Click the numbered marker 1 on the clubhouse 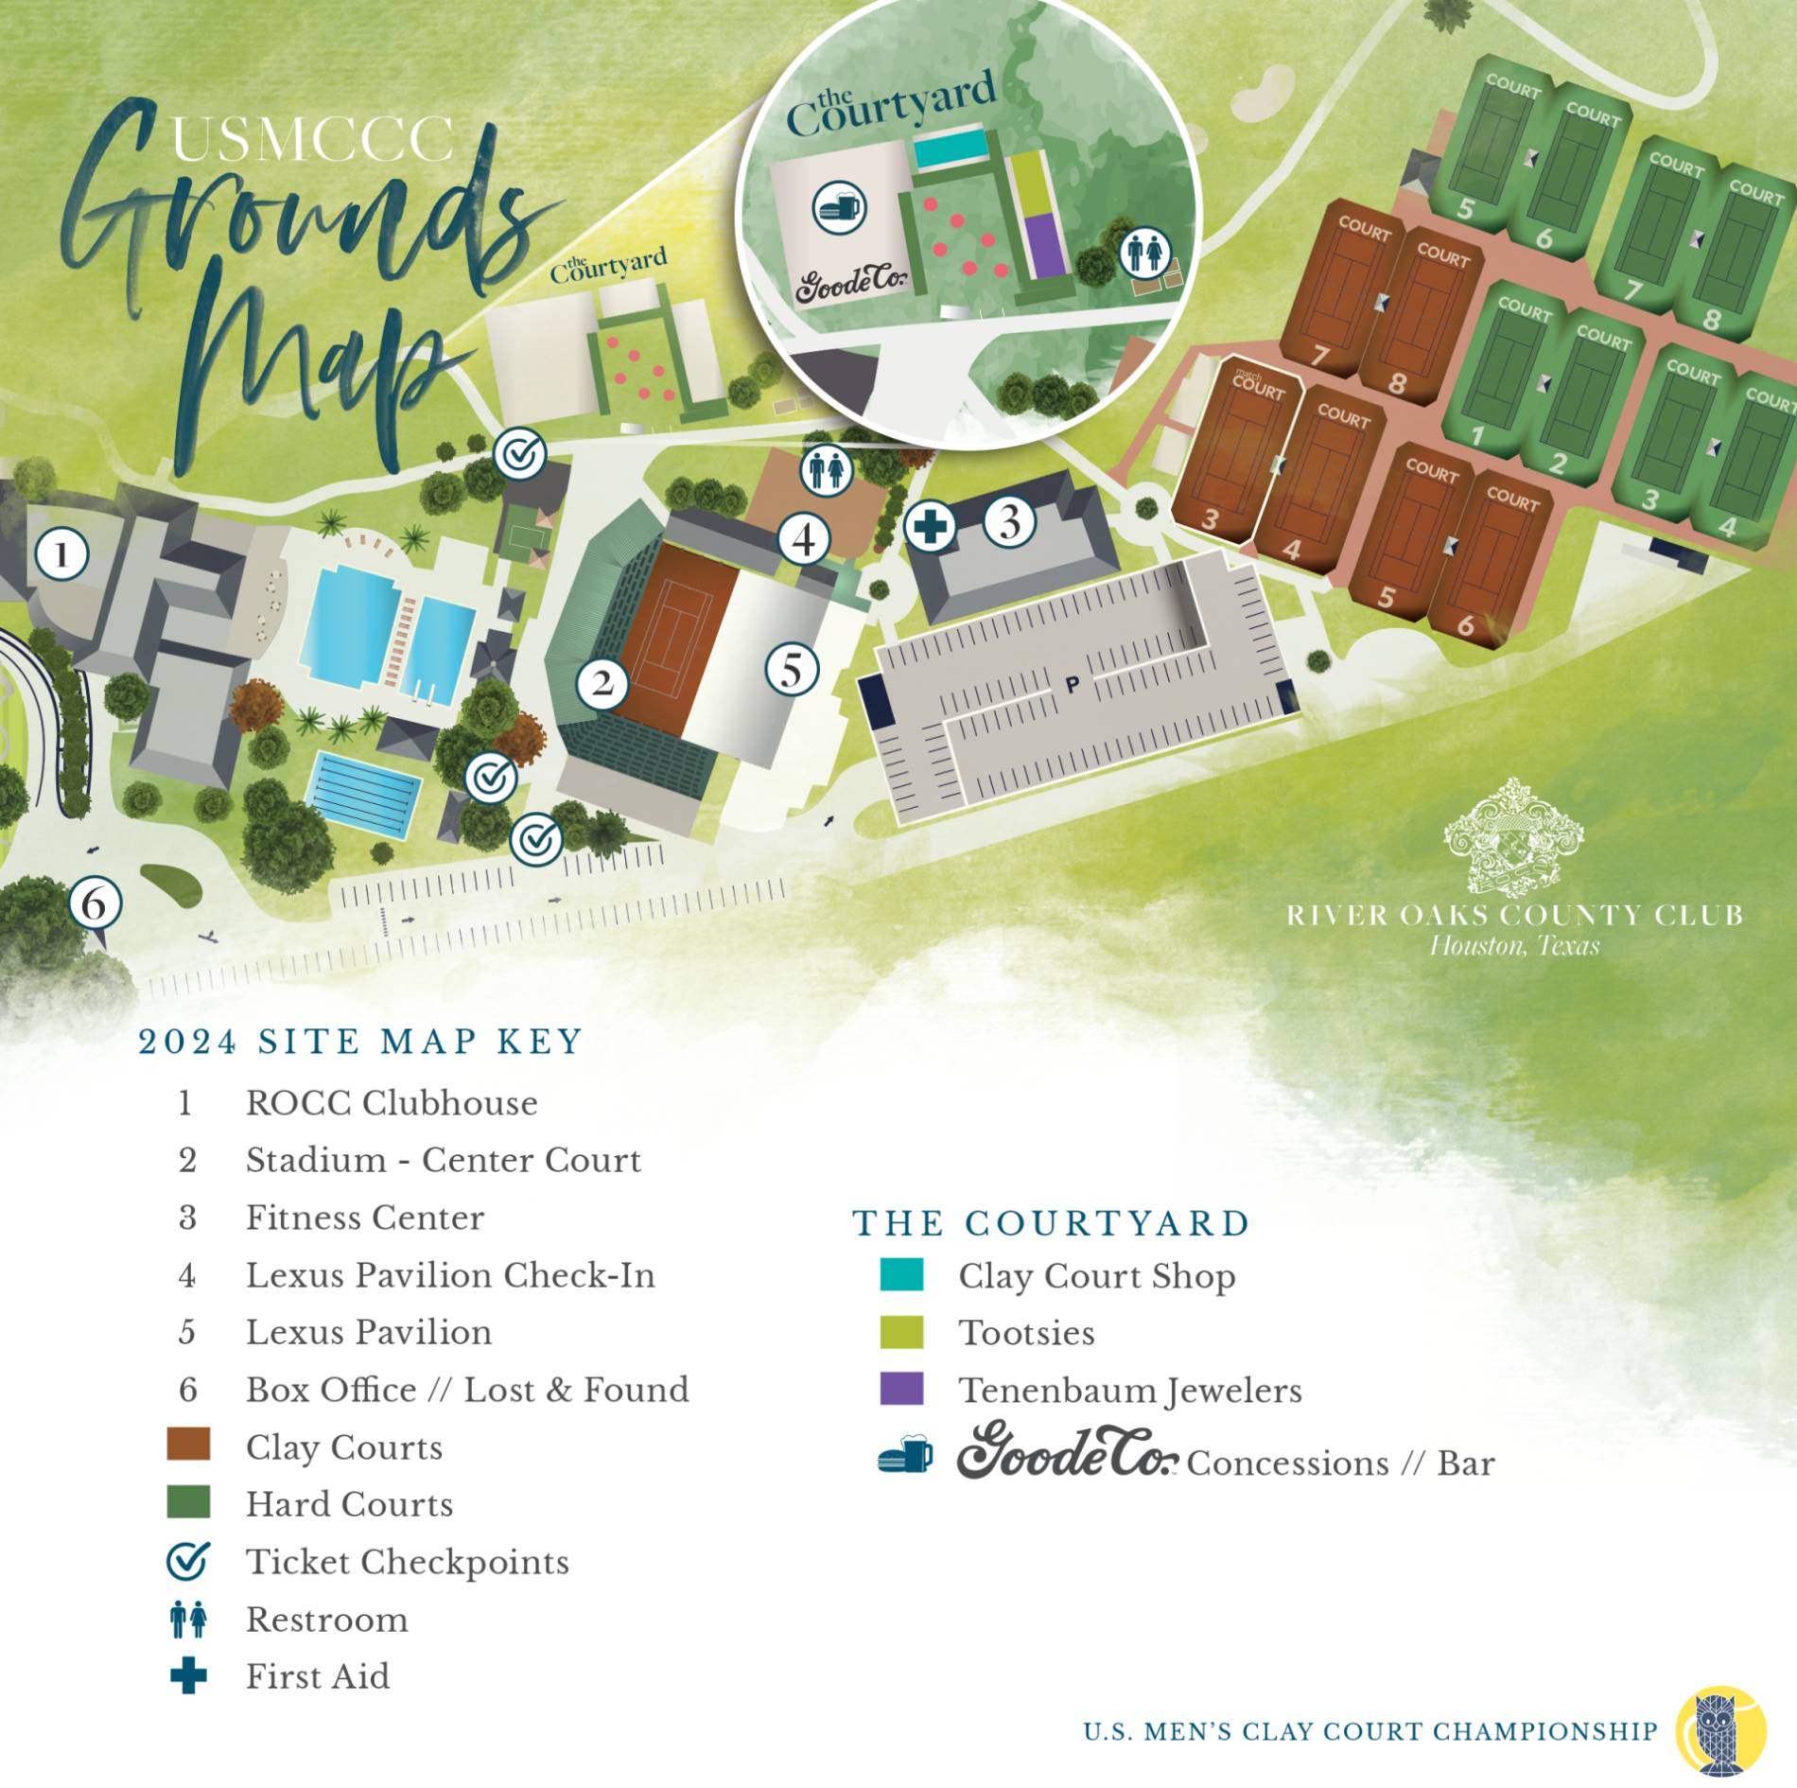tap(62, 554)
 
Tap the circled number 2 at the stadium tap(602, 682)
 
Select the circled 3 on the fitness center tap(1010, 522)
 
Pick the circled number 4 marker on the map tap(804, 539)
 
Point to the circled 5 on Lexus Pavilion tap(792, 670)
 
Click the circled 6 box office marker tap(95, 903)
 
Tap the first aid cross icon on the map tap(931, 526)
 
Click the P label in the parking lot tap(1073, 684)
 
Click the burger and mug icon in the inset tap(839, 206)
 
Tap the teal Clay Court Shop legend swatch tap(901, 1274)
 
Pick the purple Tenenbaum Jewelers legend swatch tap(901, 1389)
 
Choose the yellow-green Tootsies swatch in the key tap(901, 1332)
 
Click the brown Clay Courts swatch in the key tap(188, 1446)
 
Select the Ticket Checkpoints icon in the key tap(188, 1561)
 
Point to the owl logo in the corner tap(1720, 1730)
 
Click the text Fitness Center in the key tap(365, 1218)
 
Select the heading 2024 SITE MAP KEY tap(360, 1042)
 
